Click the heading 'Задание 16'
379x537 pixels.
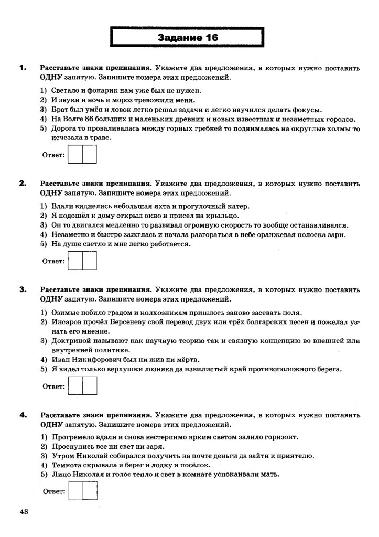tap(188, 38)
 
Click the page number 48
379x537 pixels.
tap(25, 512)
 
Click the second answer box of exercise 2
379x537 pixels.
tap(90, 261)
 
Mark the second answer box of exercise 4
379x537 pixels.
tap(90, 492)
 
